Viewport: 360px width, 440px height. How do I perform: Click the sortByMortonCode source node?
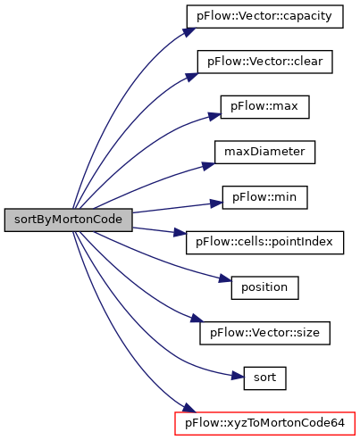[x=68, y=220]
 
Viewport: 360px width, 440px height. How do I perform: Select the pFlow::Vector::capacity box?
[x=264, y=17]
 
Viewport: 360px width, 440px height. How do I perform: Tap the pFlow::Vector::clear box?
[x=264, y=62]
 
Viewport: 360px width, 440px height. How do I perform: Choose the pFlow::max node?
[x=264, y=107]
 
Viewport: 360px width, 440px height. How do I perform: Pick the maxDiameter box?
[x=264, y=153]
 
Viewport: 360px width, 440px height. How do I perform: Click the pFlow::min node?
[x=264, y=197]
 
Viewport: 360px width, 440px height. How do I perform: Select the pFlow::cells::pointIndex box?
[x=264, y=243]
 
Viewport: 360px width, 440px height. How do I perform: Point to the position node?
[x=264, y=288]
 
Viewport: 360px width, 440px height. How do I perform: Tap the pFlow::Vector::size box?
[x=264, y=333]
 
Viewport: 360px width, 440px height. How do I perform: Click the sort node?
[x=264, y=378]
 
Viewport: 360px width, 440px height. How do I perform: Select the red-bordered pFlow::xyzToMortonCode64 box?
[x=264, y=424]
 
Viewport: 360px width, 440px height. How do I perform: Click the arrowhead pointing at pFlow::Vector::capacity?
[x=189, y=31]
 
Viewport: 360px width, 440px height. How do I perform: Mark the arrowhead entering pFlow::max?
[x=214, y=116]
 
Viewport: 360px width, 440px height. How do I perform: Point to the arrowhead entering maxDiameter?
[x=208, y=165]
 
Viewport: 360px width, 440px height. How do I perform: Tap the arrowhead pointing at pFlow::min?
[x=216, y=203]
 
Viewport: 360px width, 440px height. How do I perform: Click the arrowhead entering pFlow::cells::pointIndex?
[x=180, y=233]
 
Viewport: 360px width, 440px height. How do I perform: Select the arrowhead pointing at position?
[x=225, y=278]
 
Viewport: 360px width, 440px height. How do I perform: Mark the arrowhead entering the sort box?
[x=238, y=376]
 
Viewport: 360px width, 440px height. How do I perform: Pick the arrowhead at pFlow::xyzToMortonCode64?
[x=189, y=409]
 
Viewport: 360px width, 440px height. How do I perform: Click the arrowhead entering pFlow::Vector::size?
[x=197, y=320]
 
